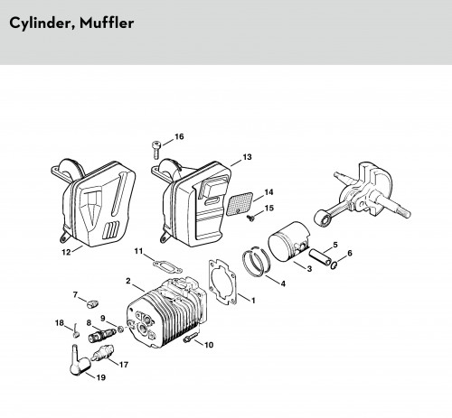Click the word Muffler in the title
pyautogui.click(x=107, y=23)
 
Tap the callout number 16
pyautogui.click(x=179, y=136)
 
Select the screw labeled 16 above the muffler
pyautogui.click(x=156, y=150)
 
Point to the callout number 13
pyautogui.click(x=247, y=157)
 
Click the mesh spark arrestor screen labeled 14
pyautogui.click(x=240, y=204)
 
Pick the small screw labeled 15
pyautogui.click(x=250, y=218)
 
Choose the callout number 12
pyautogui.click(x=66, y=252)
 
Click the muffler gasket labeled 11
pyautogui.click(x=167, y=266)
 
